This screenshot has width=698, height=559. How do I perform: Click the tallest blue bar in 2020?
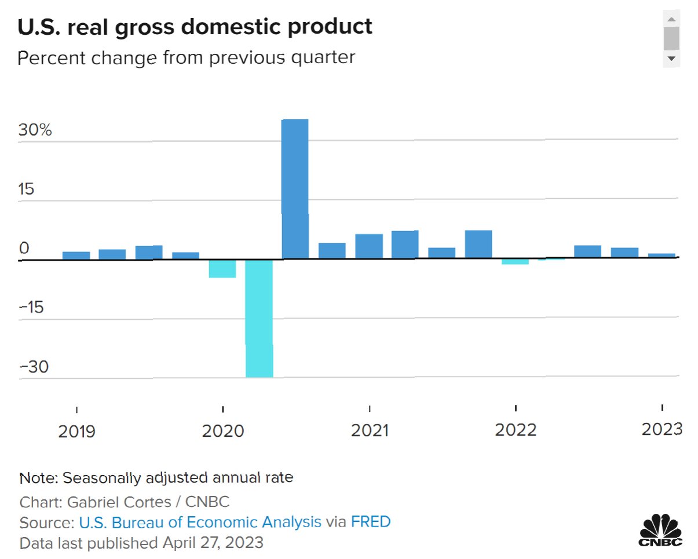pos(295,188)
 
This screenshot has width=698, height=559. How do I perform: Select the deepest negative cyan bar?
pos(259,319)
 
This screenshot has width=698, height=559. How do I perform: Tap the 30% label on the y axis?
pos(35,130)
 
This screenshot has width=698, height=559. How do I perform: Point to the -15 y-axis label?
pos(31,307)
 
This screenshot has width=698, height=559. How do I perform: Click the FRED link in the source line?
pos(371,522)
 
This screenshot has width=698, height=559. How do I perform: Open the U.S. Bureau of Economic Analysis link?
pos(200,522)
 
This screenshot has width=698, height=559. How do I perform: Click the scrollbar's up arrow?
pos(671,20)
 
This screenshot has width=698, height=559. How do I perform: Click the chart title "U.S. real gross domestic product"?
pos(195,27)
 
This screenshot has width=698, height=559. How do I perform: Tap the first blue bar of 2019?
pos(76,255)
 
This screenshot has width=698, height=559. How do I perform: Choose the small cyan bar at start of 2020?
pos(222,269)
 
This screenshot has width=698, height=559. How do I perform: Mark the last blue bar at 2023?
pos(661,255)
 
